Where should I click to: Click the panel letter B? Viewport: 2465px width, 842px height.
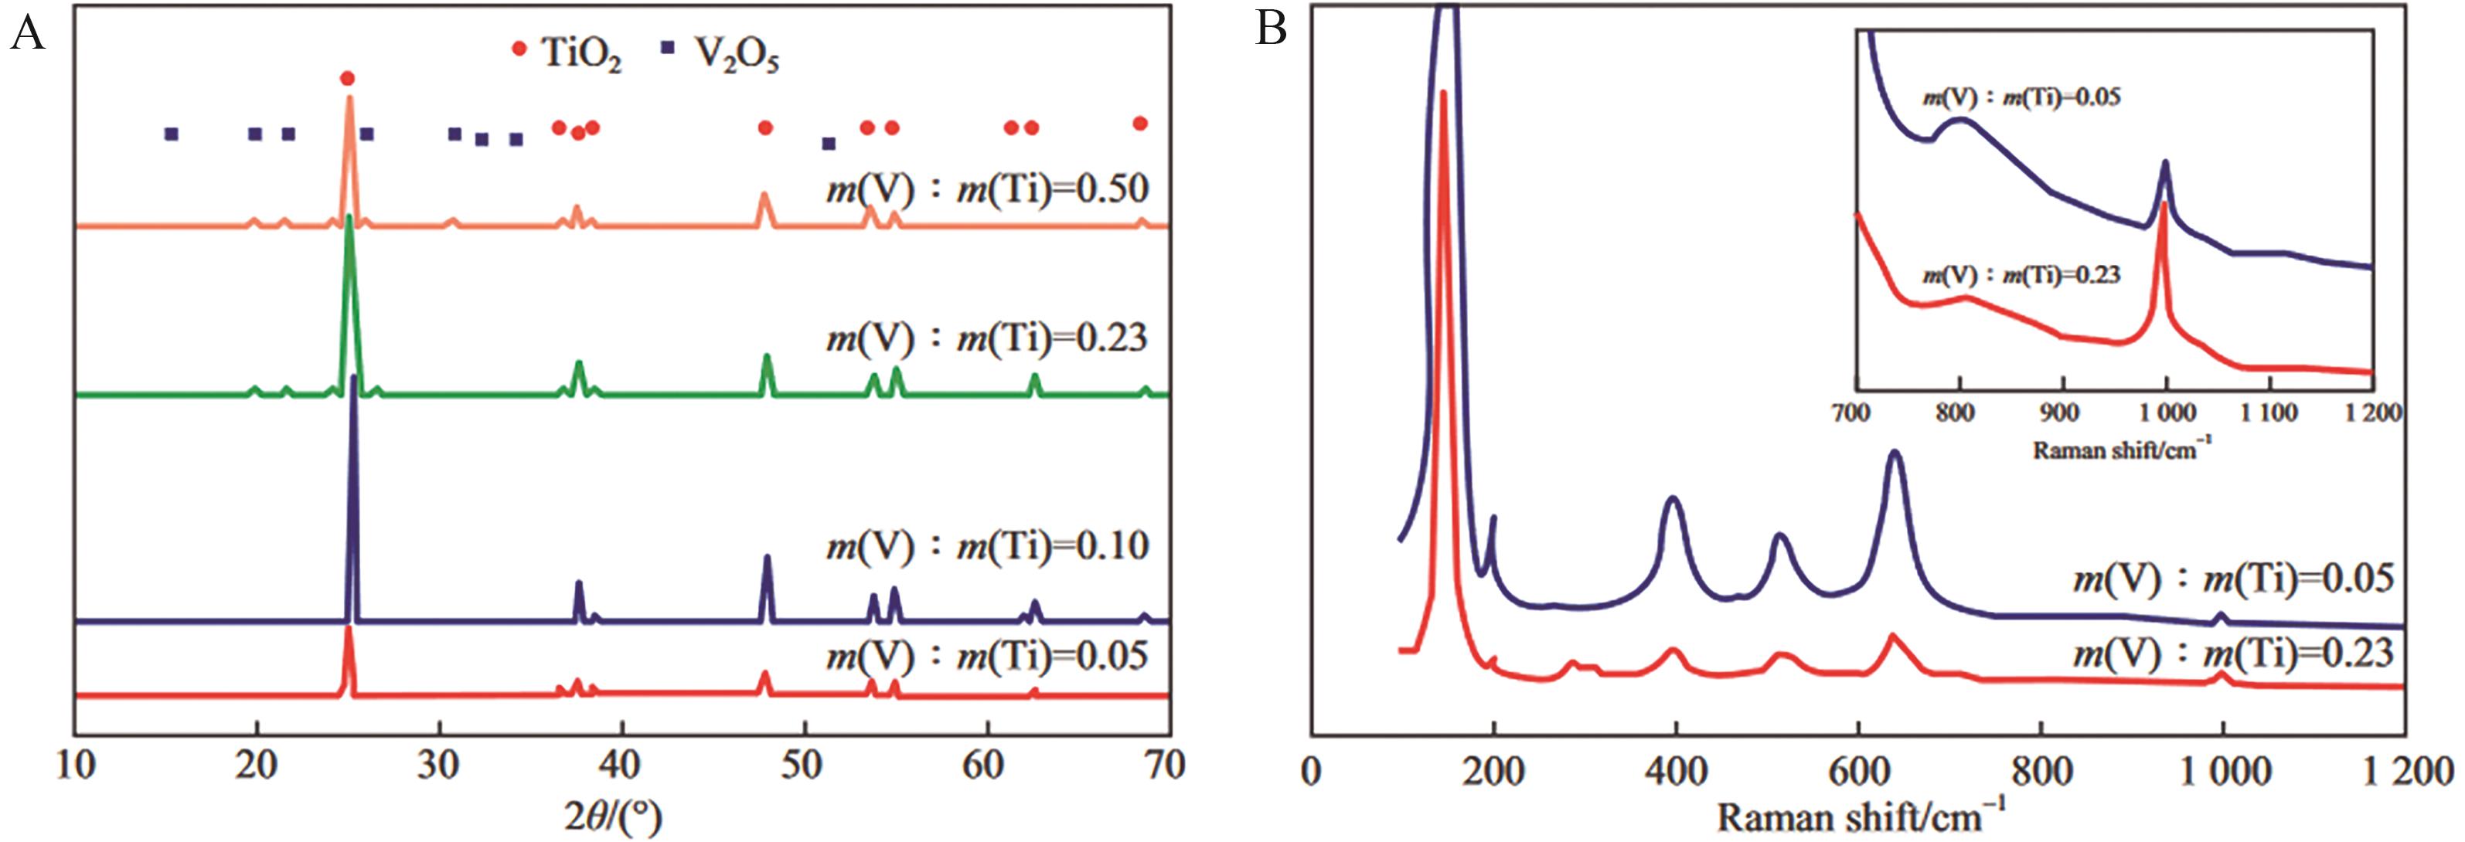pyautogui.click(x=1270, y=29)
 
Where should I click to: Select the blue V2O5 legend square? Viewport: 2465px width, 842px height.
pyautogui.click(x=668, y=47)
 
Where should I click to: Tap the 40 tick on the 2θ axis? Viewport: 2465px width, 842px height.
pyautogui.click(x=621, y=766)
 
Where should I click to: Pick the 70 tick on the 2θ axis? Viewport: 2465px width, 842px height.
pyautogui.click(x=1165, y=766)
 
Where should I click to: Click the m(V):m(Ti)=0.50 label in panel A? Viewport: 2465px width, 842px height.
pyautogui.click(x=986, y=188)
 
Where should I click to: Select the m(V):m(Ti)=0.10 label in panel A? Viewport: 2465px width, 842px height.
pyautogui.click(x=986, y=546)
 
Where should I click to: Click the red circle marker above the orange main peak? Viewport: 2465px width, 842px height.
pyautogui.click(x=347, y=79)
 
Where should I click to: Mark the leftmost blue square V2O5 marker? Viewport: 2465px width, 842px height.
pyautogui.click(x=172, y=134)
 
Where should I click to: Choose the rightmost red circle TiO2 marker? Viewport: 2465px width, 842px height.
pyautogui.click(x=1139, y=124)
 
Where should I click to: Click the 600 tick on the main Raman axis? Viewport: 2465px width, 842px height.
pyautogui.click(x=1858, y=771)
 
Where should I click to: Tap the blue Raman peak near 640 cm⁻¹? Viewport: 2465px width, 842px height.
pyautogui.click(x=1895, y=454)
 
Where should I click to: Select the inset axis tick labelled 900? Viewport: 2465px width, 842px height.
pyautogui.click(x=2059, y=413)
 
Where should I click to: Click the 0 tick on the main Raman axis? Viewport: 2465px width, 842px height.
pyautogui.click(x=1312, y=771)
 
